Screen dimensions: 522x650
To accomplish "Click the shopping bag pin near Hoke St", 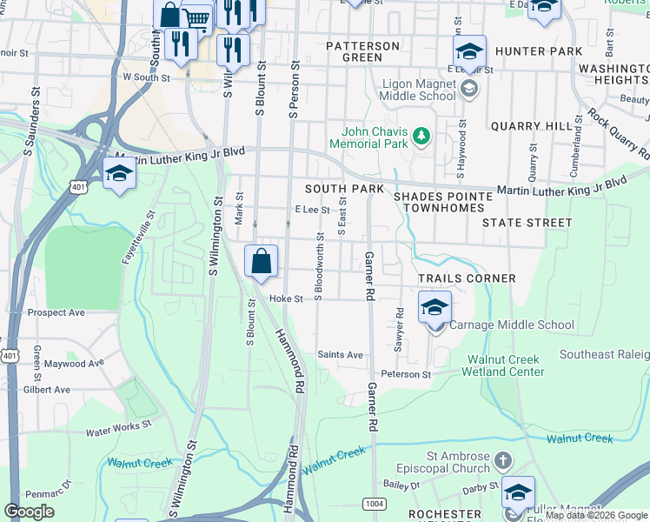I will pyautogui.click(x=262, y=261).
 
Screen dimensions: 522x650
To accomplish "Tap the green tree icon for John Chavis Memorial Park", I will pyautogui.click(x=421, y=136).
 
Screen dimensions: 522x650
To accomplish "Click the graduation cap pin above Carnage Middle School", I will pyautogui.click(x=435, y=308).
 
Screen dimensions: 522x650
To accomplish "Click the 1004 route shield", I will pyautogui.click(x=375, y=503).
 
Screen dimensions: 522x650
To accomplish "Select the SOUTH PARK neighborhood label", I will pyautogui.click(x=344, y=189).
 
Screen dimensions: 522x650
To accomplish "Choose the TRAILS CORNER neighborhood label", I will pyautogui.click(x=467, y=278).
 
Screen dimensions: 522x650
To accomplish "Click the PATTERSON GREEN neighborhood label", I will pyautogui.click(x=362, y=51).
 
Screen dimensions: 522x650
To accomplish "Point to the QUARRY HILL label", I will pyautogui.click(x=528, y=126).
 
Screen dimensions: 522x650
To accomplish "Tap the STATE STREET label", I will pyautogui.click(x=527, y=223).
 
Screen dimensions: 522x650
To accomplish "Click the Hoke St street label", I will pyautogui.click(x=285, y=298).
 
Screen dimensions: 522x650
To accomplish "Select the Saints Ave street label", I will pyautogui.click(x=340, y=355).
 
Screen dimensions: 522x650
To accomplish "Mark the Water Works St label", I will pyautogui.click(x=118, y=429).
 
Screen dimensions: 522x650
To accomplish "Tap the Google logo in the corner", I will pyautogui.click(x=30, y=512).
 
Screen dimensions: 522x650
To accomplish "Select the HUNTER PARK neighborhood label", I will pyautogui.click(x=541, y=51).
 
